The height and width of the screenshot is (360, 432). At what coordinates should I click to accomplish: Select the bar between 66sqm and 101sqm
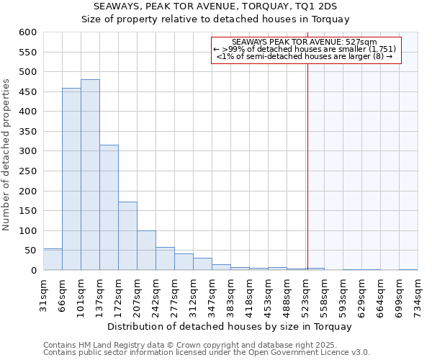[x=71, y=179]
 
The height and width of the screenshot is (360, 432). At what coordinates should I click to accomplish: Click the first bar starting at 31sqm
[x=53, y=259]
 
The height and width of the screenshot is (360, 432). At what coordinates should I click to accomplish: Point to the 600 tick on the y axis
[x=27, y=32]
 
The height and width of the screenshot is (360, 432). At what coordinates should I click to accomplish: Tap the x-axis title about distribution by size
[x=230, y=326]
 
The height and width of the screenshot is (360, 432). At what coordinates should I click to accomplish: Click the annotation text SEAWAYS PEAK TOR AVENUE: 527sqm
[x=305, y=42]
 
